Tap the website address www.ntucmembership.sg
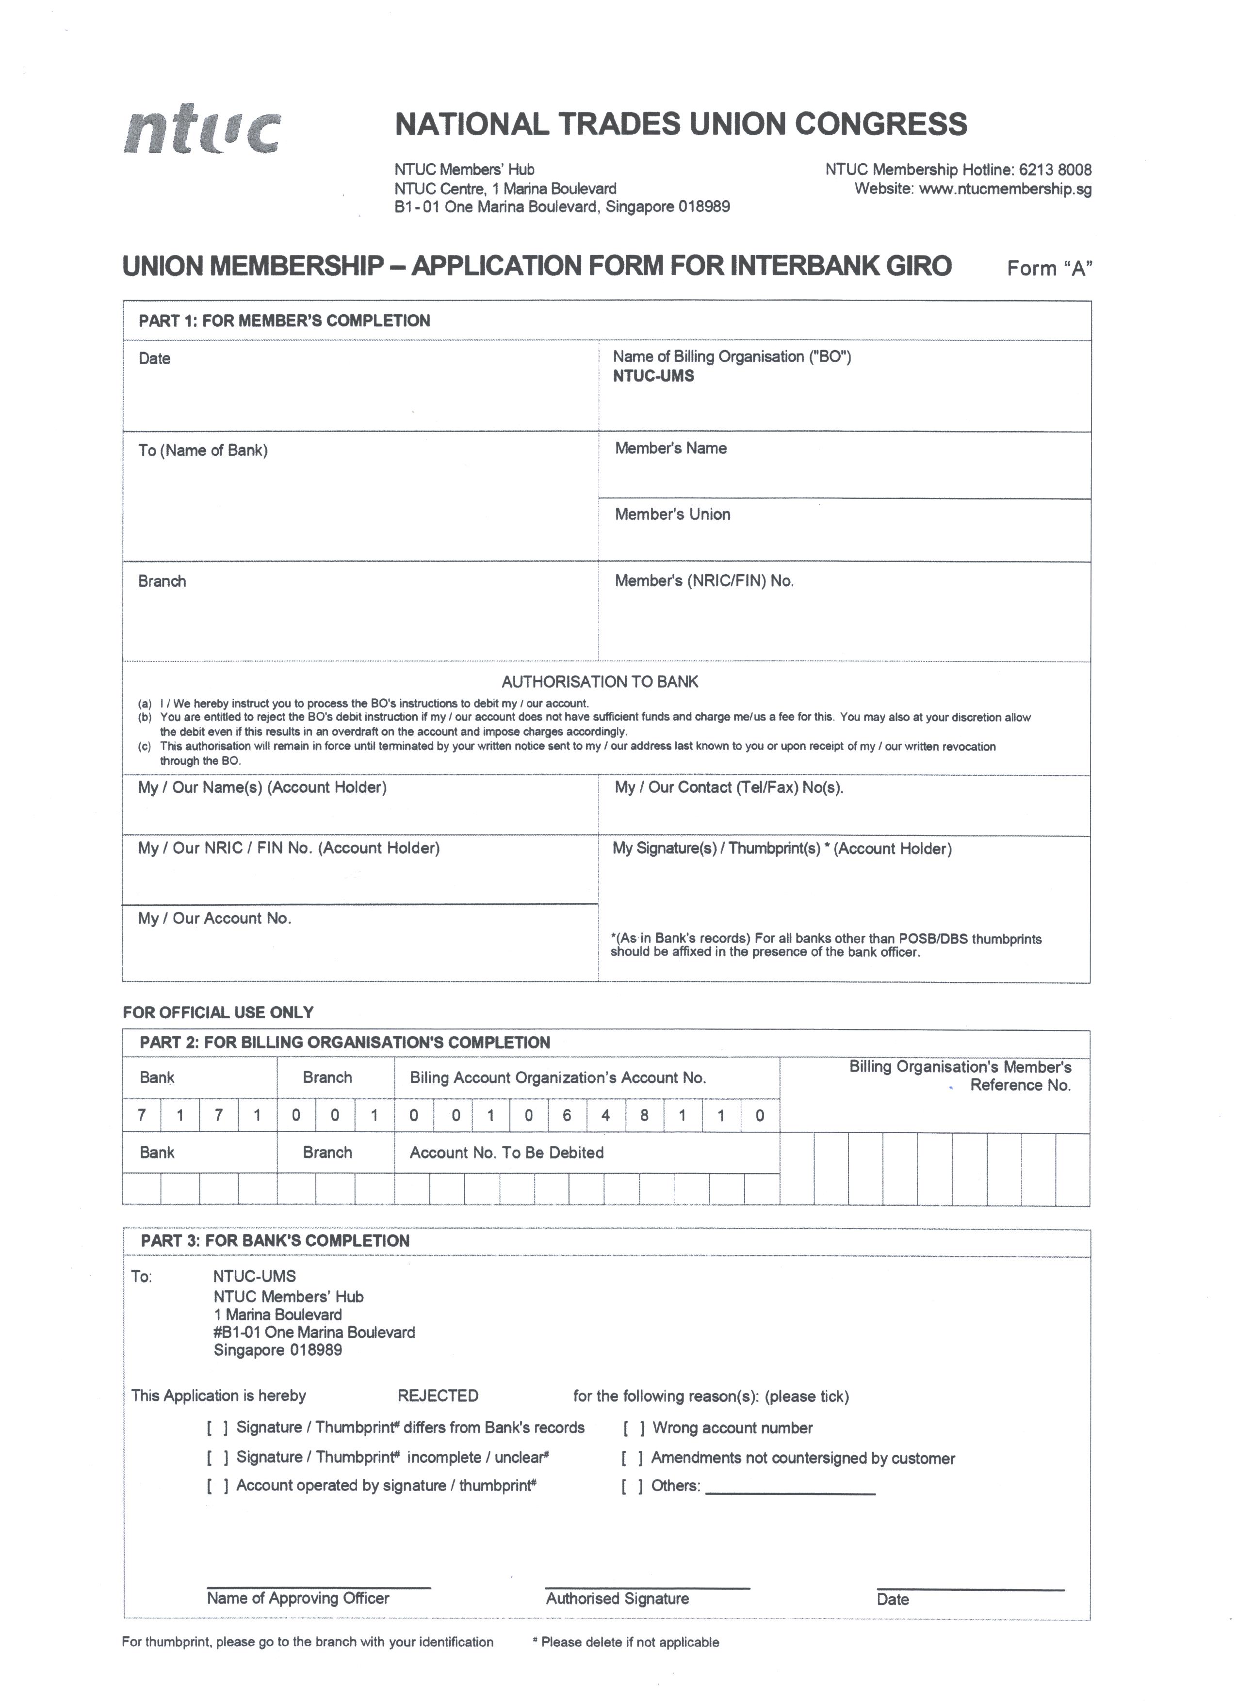click(1005, 189)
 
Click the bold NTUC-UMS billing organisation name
click(653, 376)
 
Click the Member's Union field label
click(672, 514)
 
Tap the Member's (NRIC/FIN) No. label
click(704, 580)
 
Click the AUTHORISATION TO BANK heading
click(600, 682)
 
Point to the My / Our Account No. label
click(214, 918)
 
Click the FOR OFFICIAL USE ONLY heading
click(218, 1012)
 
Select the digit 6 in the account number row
click(567, 1115)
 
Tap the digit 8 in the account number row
click(644, 1115)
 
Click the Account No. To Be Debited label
click(506, 1153)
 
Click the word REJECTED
click(438, 1396)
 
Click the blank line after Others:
click(790, 1487)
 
